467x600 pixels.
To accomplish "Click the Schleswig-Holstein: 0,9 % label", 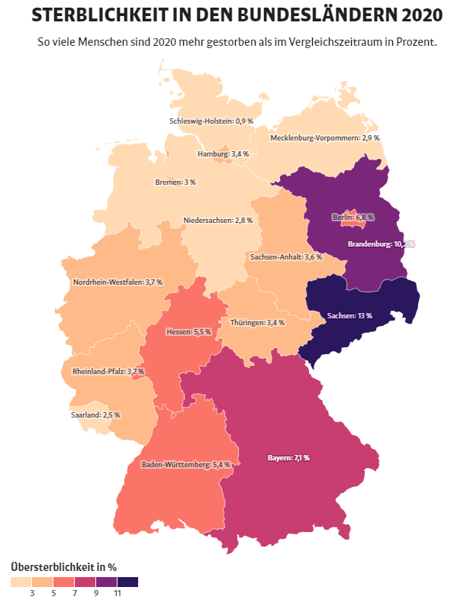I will pos(211,121).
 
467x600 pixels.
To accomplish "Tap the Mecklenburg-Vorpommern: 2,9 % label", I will pos(324,138).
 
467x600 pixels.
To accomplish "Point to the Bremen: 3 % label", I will pos(176,182).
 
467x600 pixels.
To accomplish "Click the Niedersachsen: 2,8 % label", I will pos(217,221).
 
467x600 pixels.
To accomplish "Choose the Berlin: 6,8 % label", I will pos(353,218).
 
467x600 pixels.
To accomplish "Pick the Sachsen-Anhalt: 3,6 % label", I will pos(285,257).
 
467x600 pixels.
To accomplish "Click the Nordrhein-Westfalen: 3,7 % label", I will pos(118,282).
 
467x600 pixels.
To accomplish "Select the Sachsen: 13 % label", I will pos(349,316).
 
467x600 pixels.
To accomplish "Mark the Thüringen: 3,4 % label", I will pos(257,323).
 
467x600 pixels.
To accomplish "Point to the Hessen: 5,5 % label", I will pos(188,333).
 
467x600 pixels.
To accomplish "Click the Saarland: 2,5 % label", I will pos(95,415).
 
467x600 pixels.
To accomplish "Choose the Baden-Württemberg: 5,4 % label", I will pos(185,464).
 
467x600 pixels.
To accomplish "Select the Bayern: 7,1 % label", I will pos(288,458).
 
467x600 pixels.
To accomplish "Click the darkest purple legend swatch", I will pos(127,582).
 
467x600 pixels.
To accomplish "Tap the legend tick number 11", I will pos(117,593).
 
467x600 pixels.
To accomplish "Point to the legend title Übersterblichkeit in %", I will pos(63,566).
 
